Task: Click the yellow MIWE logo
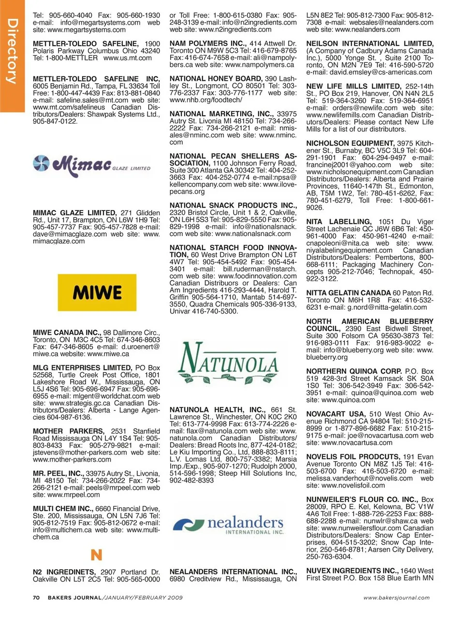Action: [x=97, y=293]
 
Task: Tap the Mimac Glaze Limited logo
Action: [x=92, y=165]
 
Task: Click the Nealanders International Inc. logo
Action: [x=229, y=525]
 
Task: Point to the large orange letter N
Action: [x=96, y=555]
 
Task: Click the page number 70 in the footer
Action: [x=36, y=598]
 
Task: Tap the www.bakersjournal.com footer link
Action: [x=396, y=598]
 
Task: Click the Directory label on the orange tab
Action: [x=13, y=51]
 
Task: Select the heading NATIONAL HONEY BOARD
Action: [x=216, y=79]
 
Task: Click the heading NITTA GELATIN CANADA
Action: [x=348, y=293]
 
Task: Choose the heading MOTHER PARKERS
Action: [x=68, y=431]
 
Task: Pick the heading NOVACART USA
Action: [x=336, y=414]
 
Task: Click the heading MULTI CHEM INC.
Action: [x=63, y=509]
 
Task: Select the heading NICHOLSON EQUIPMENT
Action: [x=350, y=144]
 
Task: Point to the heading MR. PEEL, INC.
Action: [x=58, y=474]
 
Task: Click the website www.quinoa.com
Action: [x=348, y=400]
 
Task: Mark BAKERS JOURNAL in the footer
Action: [x=74, y=598]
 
